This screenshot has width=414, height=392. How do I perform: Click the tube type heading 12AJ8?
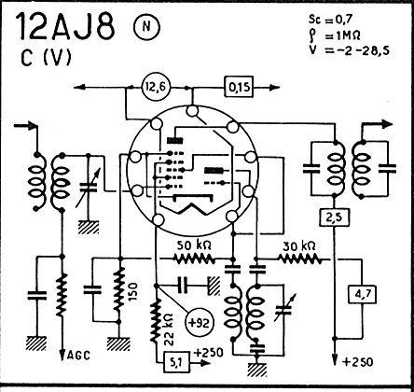pyautogui.click(x=65, y=26)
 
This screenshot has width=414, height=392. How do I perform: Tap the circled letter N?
pyautogui.click(x=146, y=27)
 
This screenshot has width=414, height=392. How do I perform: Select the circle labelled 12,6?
pyautogui.click(x=157, y=88)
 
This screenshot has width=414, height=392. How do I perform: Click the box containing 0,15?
pyautogui.click(x=239, y=88)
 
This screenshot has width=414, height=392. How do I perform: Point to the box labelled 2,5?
pyautogui.click(x=335, y=217)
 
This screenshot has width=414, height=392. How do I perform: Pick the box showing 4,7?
pyautogui.click(x=362, y=294)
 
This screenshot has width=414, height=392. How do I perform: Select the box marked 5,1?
pyautogui.click(x=176, y=362)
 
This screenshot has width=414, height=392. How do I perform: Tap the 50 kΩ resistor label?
pyautogui.click(x=194, y=246)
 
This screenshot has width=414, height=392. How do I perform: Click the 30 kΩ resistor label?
pyautogui.click(x=299, y=246)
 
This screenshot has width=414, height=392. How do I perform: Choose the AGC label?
pyautogui.click(x=78, y=355)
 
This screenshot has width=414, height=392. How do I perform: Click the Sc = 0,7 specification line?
pyautogui.click(x=331, y=20)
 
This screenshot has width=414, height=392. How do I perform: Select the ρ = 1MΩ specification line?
pyautogui.click(x=335, y=35)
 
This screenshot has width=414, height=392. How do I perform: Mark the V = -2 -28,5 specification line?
pyautogui.click(x=349, y=50)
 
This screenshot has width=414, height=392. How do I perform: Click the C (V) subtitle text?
pyautogui.click(x=47, y=58)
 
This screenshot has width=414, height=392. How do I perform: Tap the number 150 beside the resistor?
pyautogui.click(x=132, y=291)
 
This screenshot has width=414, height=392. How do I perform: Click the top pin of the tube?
pyautogui.click(x=192, y=111)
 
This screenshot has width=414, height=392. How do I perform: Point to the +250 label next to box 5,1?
pyautogui.click(x=209, y=353)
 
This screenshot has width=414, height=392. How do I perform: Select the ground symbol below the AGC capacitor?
pyautogui.click(x=36, y=343)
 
